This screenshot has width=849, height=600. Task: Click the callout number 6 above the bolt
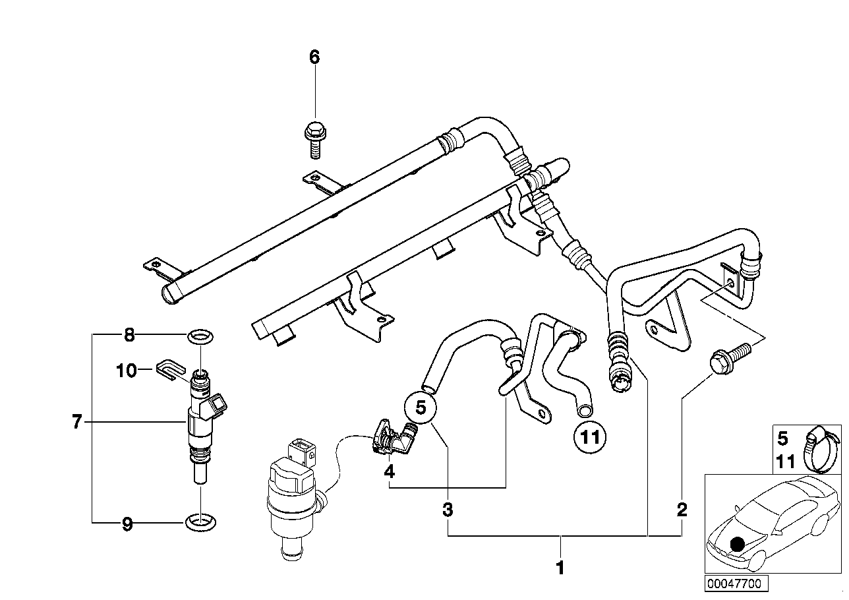(x=314, y=57)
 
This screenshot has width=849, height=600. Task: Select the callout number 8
(x=130, y=335)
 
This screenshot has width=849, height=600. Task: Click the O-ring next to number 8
(x=200, y=336)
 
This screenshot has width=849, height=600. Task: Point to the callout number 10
(x=126, y=371)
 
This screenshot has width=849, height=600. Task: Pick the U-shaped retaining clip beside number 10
(x=170, y=369)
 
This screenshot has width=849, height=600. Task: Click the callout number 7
(x=77, y=421)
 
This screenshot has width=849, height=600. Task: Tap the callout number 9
(x=127, y=525)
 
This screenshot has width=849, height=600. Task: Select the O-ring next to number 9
(x=201, y=523)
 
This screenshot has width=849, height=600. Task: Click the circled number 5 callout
(x=421, y=408)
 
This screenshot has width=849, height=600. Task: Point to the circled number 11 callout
(x=590, y=437)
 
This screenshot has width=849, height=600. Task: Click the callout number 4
(x=390, y=471)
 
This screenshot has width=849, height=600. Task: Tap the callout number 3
(x=448, y=510)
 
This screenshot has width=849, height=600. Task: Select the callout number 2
(x=682, y=510)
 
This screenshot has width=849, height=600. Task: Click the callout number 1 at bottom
(x=560, y=568)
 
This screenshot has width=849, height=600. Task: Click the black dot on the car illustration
(x=737, y=545)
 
